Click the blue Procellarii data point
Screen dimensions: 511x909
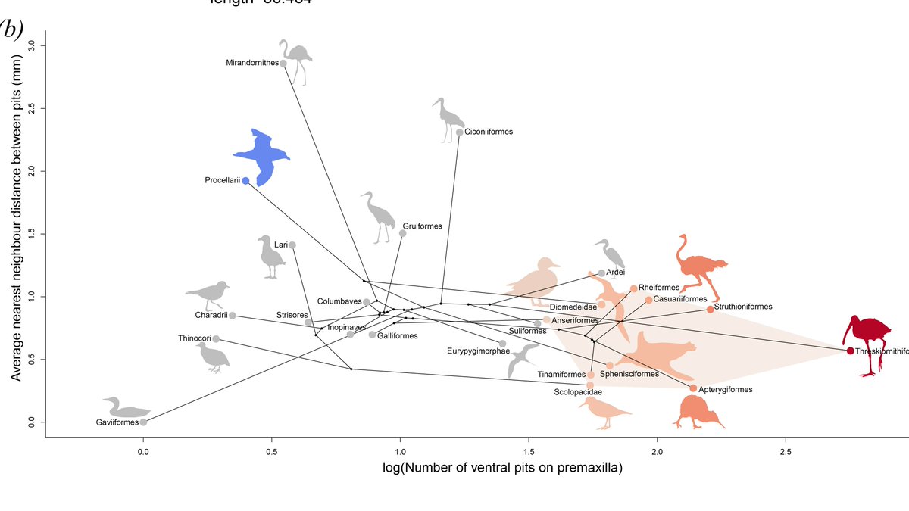pyautogui.click(x=245, y=181)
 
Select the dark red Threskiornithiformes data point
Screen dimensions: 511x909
pyautogui.click(x=850, y=351)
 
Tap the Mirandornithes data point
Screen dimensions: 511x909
pyautogui.click(x=283, y=63)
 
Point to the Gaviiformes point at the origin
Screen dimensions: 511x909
pyautogui.click(x=143, y=422)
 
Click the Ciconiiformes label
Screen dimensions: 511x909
pyautogui.click(x=489, y=132)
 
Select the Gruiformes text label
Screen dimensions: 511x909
pyautogui.click(x=422, y=226)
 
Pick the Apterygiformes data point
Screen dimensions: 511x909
pyautogui.click(x=693, y=388)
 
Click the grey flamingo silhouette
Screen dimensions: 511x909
pyautogui.click(x=295, y=61)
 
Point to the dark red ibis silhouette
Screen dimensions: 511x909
pyautogui.click(x=867, y=341)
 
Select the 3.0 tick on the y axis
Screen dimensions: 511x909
pyautogui.click(x=31, y=46)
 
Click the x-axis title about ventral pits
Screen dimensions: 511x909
pyautogui.click(x=459, y=469)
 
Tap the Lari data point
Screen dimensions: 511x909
pyautogui.click(x=292, y=245)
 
